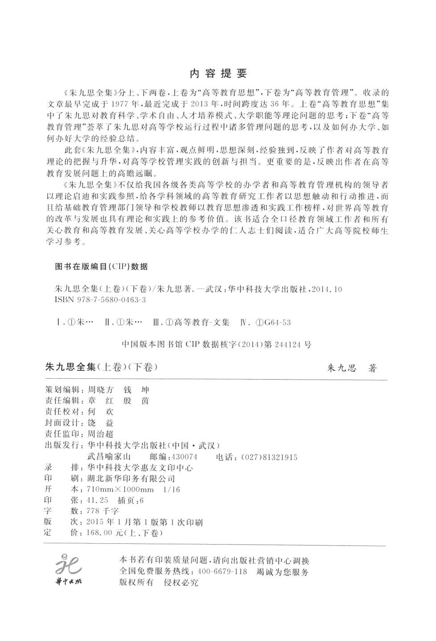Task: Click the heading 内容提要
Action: (218, 73)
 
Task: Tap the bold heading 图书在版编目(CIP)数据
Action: (101, 267)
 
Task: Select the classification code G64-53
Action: (277, 322)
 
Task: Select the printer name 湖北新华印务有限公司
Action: (132, 479)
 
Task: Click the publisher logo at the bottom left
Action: (68, 570)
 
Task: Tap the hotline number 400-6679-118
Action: (222, 572)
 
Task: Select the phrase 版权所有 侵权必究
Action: (159, 583)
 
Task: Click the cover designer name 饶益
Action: (101, 423)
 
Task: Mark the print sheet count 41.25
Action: (98, 500)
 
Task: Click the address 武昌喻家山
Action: (109, 457)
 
